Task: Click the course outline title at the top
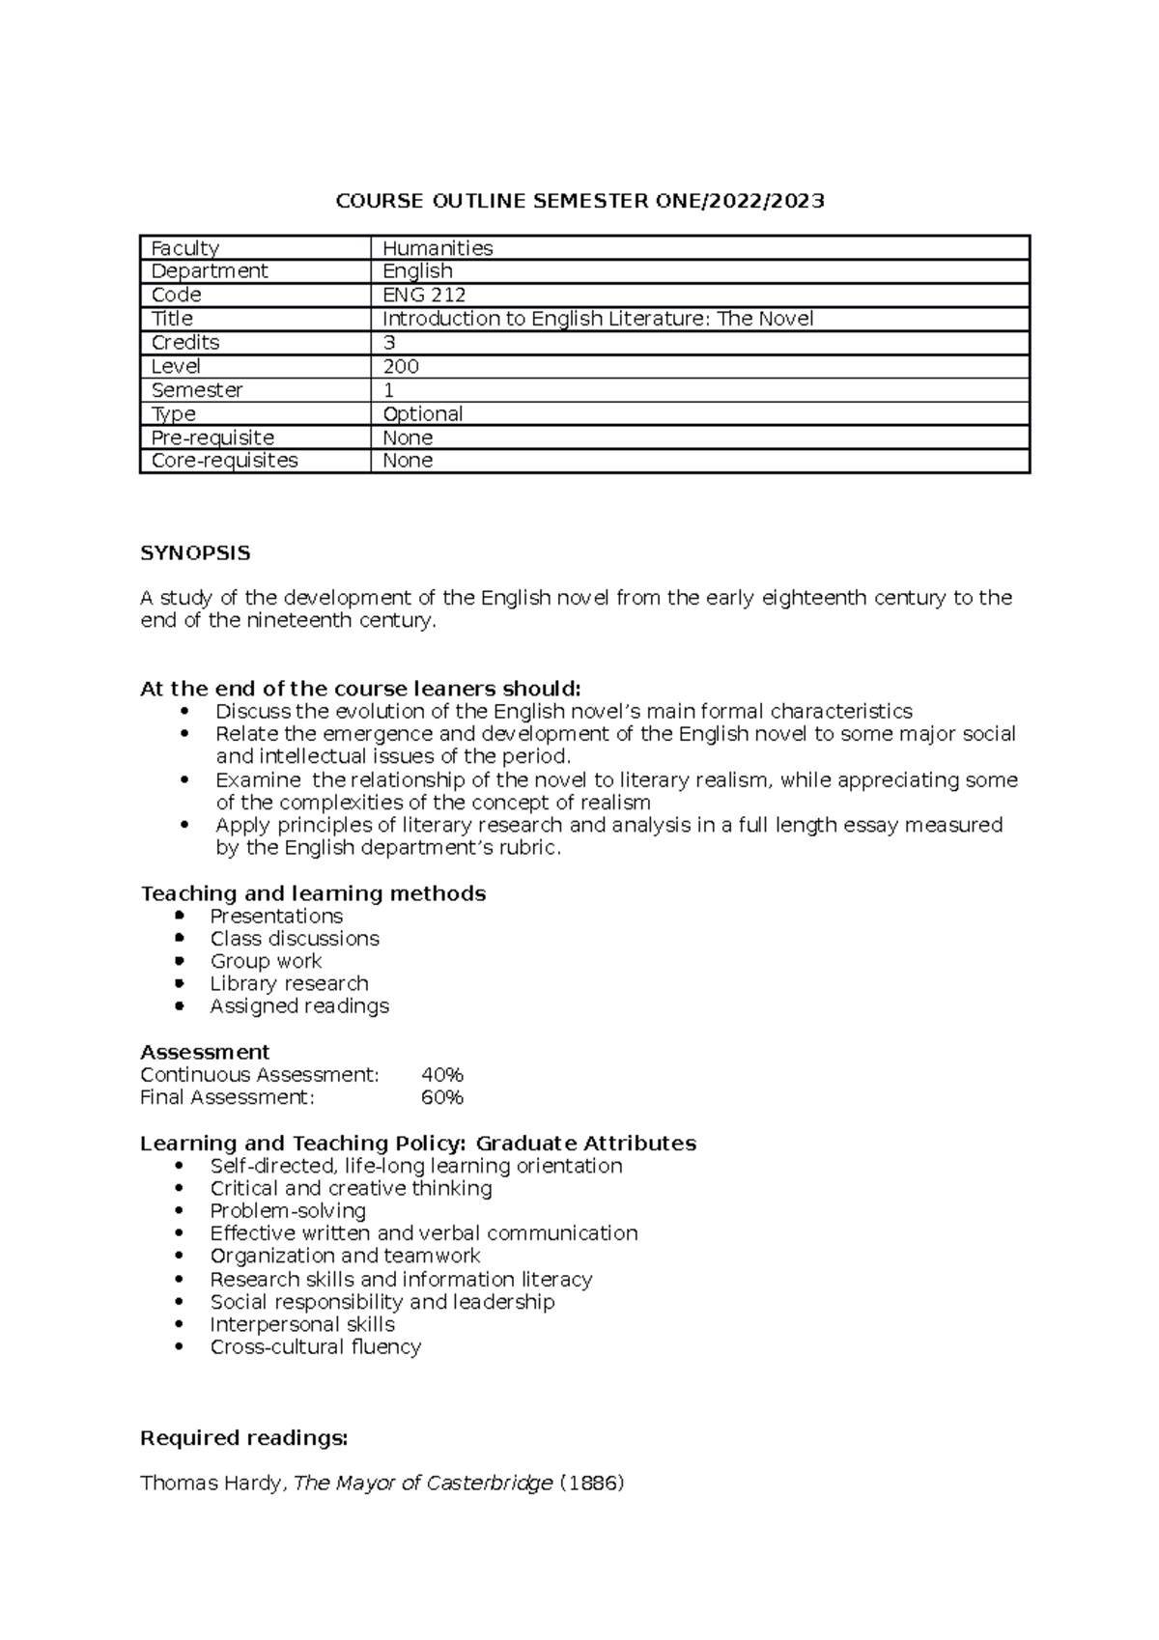coord(579,201)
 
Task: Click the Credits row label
coord(185,343)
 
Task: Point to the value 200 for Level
coord(401,366)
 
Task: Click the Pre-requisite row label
coord(212,438)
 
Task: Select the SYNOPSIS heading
coord(195,553)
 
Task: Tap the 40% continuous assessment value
coord(442,1075)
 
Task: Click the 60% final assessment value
coord(442,1097)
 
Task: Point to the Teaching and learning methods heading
coord(313,893)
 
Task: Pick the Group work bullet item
coord(266,961)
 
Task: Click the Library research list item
coord(289,983)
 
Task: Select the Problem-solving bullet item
coord(288,1211)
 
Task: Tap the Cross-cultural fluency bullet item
coord(316,1346)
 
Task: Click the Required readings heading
coord(243,1438)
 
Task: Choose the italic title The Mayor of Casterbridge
coord(423,1483)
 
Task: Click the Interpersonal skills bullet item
coord(302,1324)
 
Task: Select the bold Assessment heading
coord(205,1052)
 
